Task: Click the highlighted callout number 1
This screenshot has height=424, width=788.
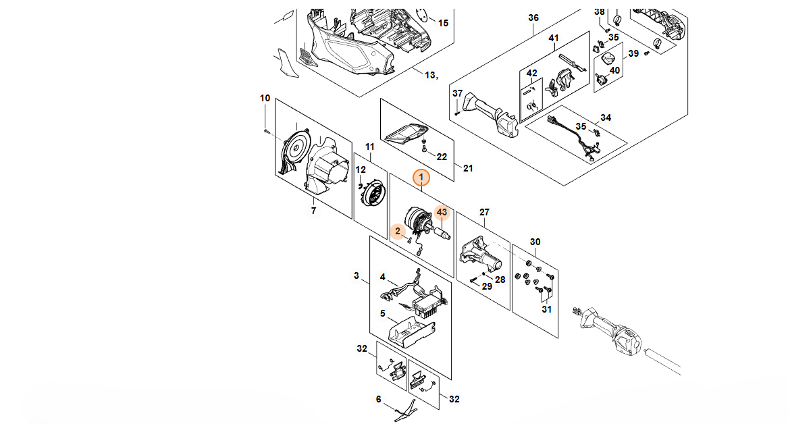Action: coord(422,177)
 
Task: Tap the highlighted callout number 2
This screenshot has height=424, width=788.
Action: coord(398,231)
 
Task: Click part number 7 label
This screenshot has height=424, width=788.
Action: coord(313,211)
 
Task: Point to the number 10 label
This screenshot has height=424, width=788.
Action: coord(265,99)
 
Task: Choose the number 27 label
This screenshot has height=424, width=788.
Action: coord(484,212)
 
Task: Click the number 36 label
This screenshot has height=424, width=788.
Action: coord(533,18)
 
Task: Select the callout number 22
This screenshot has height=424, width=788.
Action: coord(442,157)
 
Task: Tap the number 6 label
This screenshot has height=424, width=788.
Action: coord(379,399)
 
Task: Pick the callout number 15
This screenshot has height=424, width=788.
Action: coord(443,23)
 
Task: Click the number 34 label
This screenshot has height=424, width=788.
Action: coord(606,118)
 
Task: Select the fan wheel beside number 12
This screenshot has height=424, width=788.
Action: coord(373,194)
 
